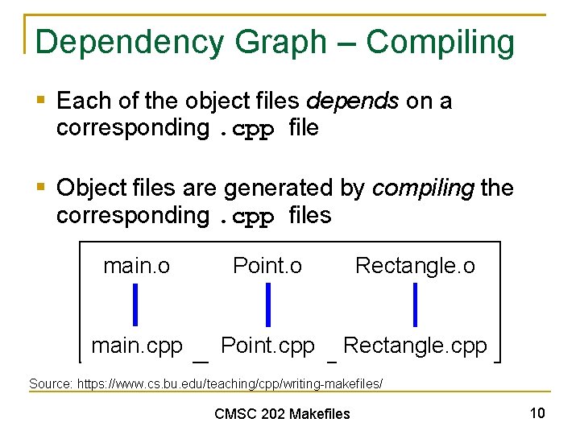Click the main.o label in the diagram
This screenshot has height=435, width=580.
coord(136,266)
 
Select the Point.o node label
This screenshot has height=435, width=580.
coord(267,266)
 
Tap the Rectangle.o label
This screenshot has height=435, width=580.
coord(415,266)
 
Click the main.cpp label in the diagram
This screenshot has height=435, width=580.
coord(137,346)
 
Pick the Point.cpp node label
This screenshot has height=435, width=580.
coord(267,346)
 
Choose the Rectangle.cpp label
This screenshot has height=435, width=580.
coord(415,346)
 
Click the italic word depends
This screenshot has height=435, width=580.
coord(352,101)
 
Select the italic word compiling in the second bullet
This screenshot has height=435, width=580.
coord(423,188)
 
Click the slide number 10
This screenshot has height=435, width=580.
coord(537,413)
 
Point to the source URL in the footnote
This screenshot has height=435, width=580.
coord(230,383)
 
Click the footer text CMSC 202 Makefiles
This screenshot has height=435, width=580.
coord(282,414)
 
